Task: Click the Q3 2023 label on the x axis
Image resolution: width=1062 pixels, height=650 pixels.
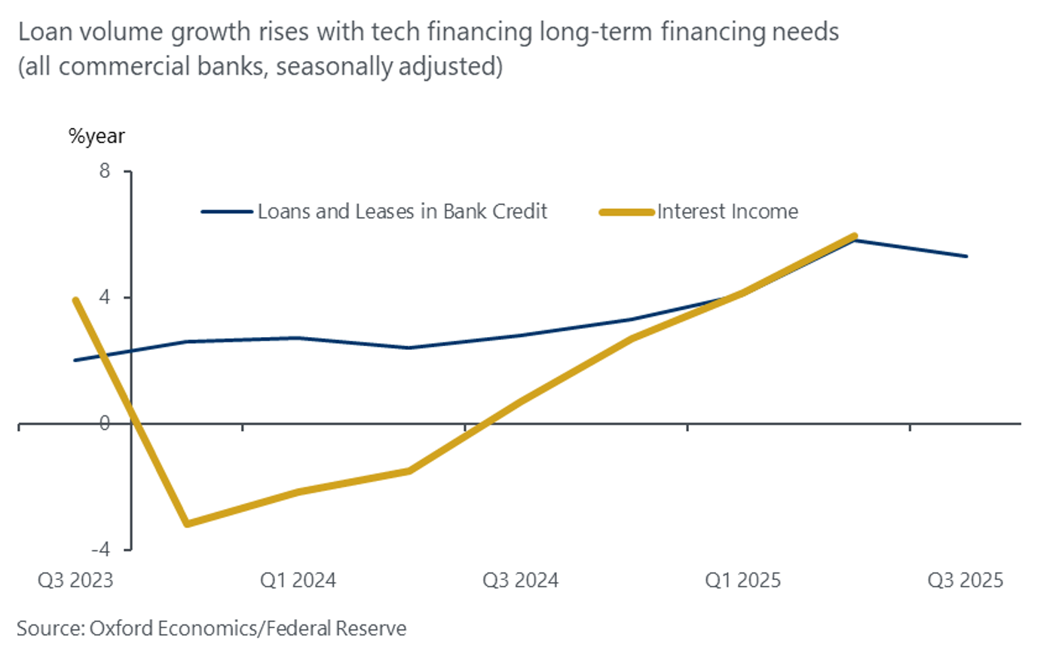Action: tap(75, 580)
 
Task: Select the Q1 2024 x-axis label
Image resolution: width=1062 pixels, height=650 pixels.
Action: tap(298, 580)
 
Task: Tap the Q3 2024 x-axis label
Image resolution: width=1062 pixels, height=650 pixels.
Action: tap(520, 580)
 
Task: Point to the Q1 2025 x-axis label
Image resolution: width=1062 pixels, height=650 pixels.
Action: tap(742, 580)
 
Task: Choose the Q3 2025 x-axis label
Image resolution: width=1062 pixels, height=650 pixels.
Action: tap(965, 580)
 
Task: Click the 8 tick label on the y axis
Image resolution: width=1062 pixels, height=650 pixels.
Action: tap(104, 171)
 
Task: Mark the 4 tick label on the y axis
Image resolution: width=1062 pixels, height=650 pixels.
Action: tap(104, 297)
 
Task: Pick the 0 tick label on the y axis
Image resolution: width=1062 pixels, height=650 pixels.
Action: tap(104, 423)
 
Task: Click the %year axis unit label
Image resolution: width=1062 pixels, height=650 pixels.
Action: tap(96, 136)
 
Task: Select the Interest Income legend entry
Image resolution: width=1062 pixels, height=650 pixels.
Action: tap(727, 212)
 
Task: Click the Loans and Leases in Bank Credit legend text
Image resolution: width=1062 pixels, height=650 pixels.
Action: tap(402, 212)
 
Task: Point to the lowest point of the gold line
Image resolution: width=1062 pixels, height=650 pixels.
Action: tap(187, 523)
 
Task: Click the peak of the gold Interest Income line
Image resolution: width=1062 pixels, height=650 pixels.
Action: tap(854, 237)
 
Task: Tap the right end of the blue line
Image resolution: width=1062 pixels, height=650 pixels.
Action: tap(966, 256)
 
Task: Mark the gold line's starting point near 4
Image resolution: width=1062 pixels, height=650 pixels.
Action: tap(75, 300)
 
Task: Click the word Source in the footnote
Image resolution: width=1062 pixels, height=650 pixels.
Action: tap(47, 628)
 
